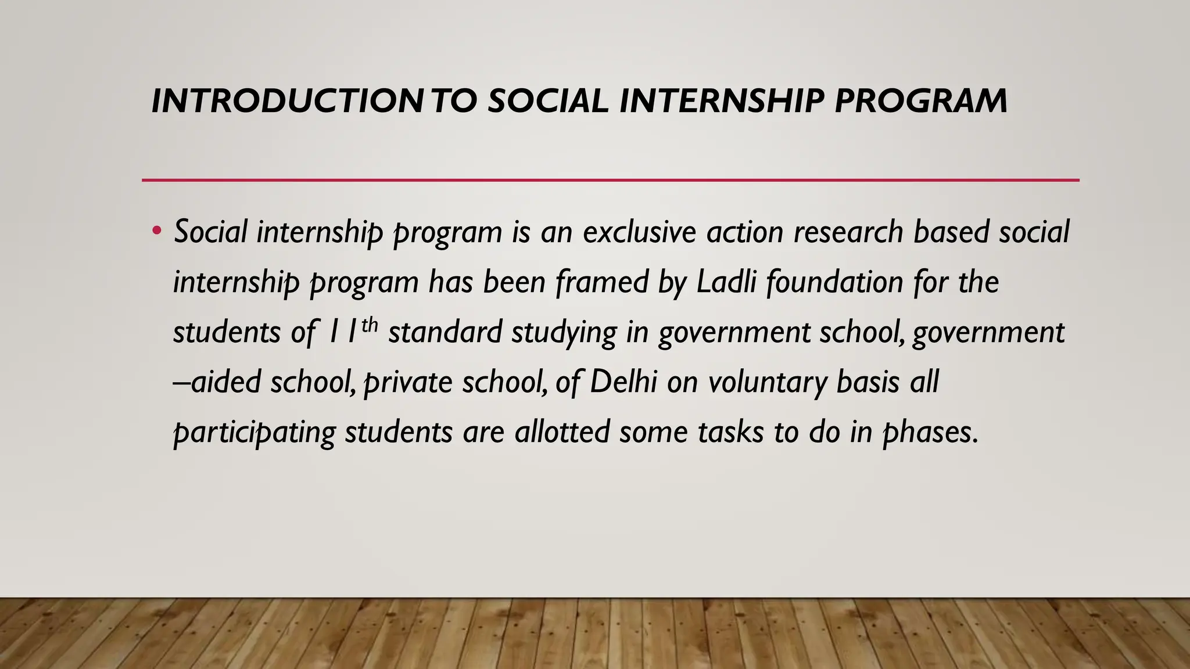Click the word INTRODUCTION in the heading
pos(288,101)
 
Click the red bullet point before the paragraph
pos(156,231)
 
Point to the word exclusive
pos(639,232)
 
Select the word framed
pos(601,282)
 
